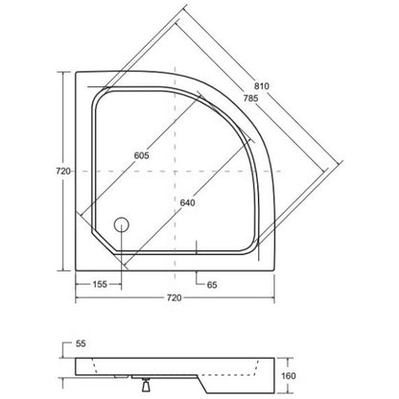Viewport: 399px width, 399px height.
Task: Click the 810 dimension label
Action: [x=262, y=86]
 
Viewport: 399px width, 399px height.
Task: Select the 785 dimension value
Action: [x=250, y=98]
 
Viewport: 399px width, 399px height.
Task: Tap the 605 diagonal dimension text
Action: [x=141, y=155]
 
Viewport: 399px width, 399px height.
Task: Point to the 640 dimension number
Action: [x=187, y=202]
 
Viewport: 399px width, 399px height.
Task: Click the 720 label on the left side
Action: [x=63, y=172]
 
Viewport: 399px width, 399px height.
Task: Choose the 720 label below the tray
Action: [x=175, y=298]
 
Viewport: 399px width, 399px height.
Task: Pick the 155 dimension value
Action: [x=100, y=284]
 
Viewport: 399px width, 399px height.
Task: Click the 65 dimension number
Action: [x=212, y=285]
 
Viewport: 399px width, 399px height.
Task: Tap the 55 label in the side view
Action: [x=81, y=343]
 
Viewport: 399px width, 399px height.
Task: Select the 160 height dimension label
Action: [x=289, y=376]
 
